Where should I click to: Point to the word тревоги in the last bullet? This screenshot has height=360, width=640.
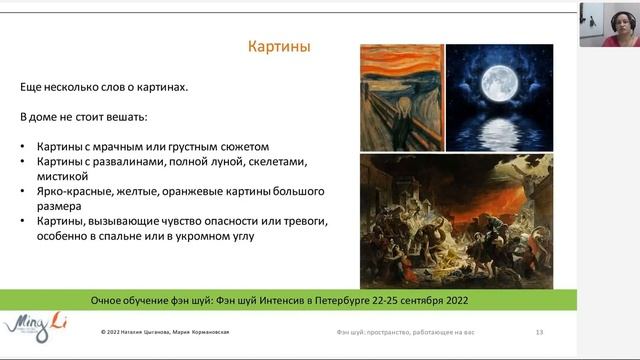pyautogui.click(x=307, y=220)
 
